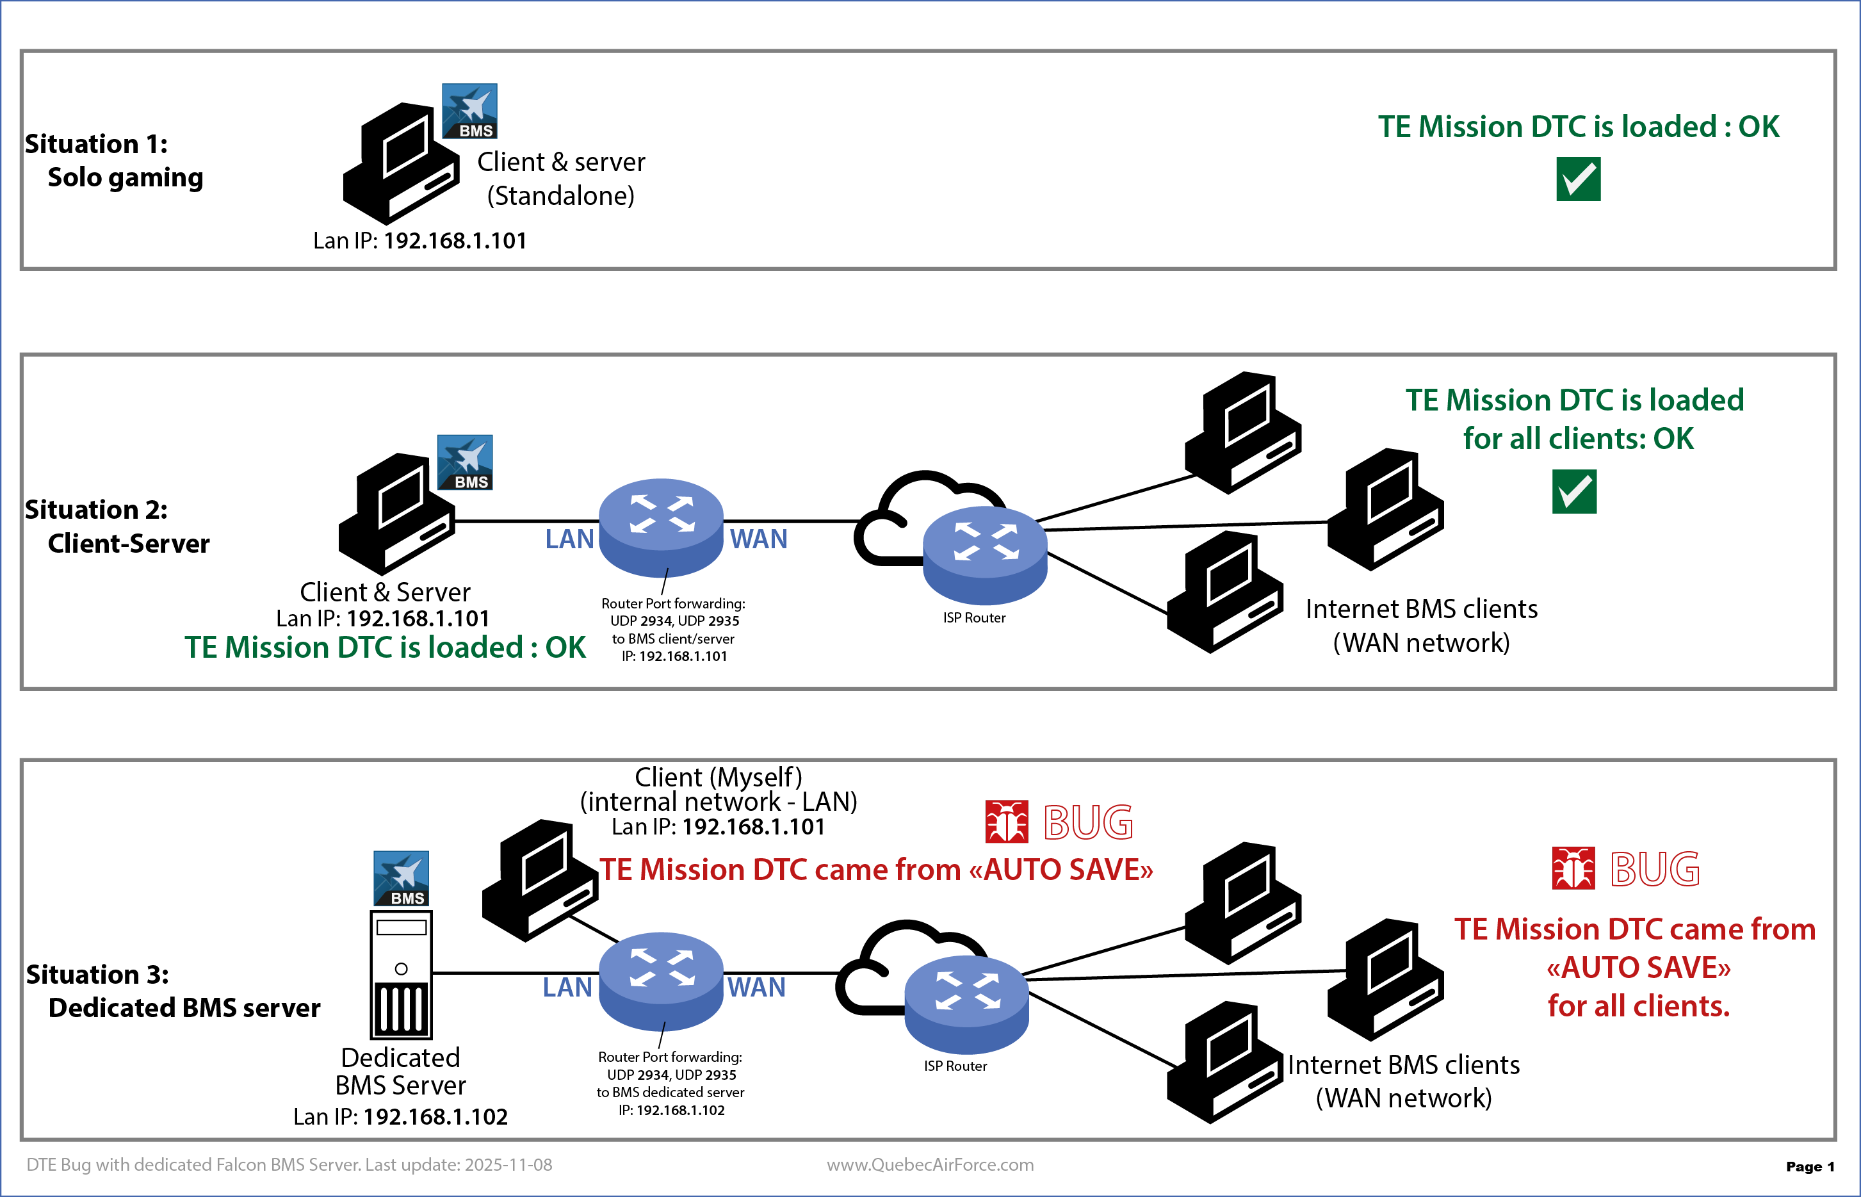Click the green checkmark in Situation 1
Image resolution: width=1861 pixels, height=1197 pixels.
1577,179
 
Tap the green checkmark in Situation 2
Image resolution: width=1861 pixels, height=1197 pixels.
1573,491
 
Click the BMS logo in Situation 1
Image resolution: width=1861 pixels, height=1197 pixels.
469,111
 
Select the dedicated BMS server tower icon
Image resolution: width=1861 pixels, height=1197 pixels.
401,975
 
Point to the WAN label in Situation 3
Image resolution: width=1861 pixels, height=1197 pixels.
756,987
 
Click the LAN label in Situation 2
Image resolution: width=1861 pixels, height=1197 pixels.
569,539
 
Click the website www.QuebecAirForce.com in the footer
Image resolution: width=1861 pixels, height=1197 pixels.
929,1164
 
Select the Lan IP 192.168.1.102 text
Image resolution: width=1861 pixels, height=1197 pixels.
400,1117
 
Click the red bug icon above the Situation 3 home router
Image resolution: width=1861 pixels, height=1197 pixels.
1006,822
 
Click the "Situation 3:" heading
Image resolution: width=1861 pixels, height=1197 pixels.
97,974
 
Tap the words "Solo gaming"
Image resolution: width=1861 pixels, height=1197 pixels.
125,177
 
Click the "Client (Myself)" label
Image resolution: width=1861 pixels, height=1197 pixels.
718,776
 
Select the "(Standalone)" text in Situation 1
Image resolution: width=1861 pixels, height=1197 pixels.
560,196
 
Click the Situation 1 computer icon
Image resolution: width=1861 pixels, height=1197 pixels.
401,163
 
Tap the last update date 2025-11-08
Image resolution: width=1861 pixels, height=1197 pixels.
508,1164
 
